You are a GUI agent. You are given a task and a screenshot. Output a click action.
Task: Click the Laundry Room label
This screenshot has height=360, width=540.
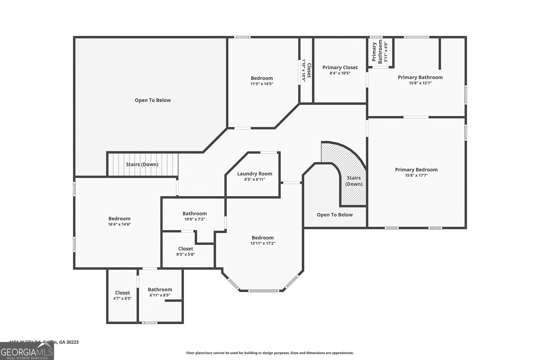click(254, 174)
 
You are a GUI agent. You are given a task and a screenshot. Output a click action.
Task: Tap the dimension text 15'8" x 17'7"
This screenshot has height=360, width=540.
click(416, 175)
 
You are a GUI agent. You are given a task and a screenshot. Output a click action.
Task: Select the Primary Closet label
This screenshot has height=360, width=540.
click(340, 67)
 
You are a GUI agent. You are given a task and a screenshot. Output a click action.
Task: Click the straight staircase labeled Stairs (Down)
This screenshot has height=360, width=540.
click(142, 164)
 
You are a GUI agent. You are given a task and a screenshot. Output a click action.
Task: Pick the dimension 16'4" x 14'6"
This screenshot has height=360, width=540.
click(119, 224)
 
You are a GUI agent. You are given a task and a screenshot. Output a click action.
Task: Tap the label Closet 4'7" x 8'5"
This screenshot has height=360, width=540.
click(122, 296)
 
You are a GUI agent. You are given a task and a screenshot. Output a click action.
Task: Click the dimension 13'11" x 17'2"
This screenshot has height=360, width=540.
click(263, 243)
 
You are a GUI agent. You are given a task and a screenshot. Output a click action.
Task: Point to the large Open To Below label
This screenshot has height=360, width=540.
click(153, 100)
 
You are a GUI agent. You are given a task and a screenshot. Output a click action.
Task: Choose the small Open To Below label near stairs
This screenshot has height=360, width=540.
click(334, 215)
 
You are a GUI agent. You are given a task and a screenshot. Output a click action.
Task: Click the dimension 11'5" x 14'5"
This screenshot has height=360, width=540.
click(262, 84)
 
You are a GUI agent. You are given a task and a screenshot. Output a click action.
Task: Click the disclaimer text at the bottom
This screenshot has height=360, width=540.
click(270, 353)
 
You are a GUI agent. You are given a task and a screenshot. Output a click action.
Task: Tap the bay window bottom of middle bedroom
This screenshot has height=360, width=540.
click(263, 290)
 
